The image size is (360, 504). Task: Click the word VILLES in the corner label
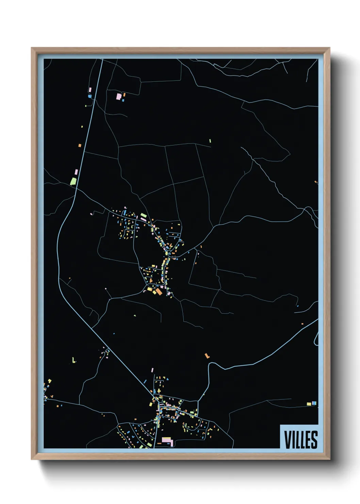[300, 440]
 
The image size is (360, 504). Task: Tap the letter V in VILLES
[288, 440]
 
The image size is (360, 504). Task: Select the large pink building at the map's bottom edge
[167, 440]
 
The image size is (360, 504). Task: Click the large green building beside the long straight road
[73, 181]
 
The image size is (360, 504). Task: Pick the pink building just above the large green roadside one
[76, 172]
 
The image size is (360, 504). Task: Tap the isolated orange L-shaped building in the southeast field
[207, 356]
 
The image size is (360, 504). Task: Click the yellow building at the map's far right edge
[309, 404]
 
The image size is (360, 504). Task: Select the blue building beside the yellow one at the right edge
[314, 403]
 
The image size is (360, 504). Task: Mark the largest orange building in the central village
[159, 292]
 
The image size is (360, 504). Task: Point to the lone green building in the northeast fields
[210, 141]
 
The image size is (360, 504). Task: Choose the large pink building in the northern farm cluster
[119, 96]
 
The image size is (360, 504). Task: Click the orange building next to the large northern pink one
[125, 94]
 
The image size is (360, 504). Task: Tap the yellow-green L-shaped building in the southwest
[73, 360]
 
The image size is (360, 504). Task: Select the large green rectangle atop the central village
[144, 216]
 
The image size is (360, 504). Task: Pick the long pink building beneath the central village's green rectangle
[144, 220]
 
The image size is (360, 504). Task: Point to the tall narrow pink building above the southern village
[152, 370]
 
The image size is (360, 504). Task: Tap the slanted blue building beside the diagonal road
[145, 381]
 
